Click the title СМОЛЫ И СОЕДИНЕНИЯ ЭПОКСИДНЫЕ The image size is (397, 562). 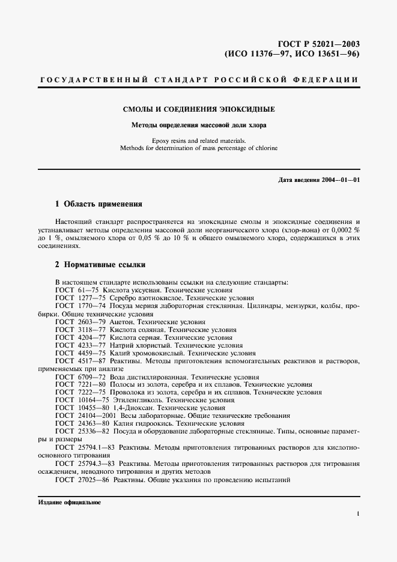coord(199,110)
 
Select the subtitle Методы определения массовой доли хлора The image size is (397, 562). coord(199,125)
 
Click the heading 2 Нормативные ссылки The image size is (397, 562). coord(99,265)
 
